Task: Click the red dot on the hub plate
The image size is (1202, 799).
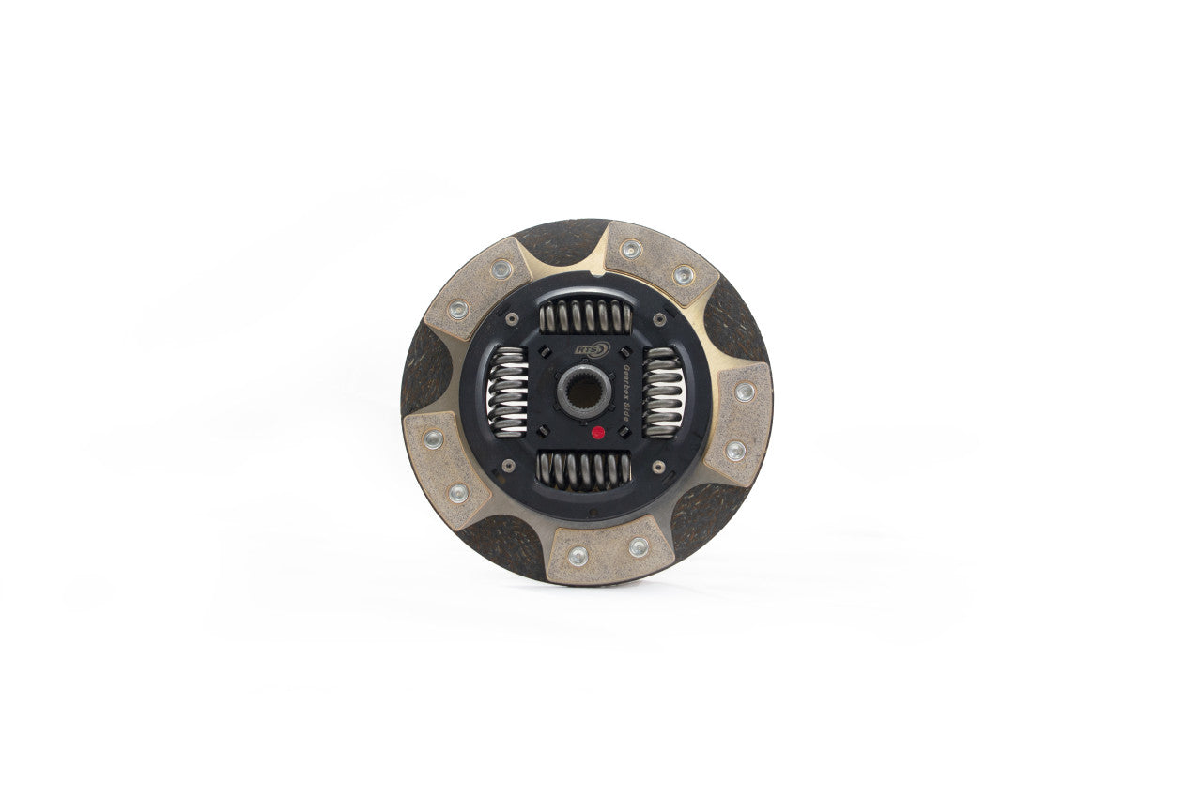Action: tap(598, 435)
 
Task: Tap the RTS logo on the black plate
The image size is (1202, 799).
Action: tap(593, 349)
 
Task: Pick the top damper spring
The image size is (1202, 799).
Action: tap(584, 317)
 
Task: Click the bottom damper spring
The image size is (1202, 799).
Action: tap(583, 469)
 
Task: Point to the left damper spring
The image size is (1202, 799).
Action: tap(508, 392)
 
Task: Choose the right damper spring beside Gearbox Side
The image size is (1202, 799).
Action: tap(662, 392)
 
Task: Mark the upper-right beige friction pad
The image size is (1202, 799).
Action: tap(659, 262)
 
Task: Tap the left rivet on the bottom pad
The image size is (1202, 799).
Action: tap(578, 555)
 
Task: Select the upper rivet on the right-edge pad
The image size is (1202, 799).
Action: tap(745, 392)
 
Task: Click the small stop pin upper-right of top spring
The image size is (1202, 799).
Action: tap(655, 318)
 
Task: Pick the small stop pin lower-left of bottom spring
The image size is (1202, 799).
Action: tap(510, 467)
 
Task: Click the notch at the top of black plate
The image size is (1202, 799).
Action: tap(593, 275)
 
